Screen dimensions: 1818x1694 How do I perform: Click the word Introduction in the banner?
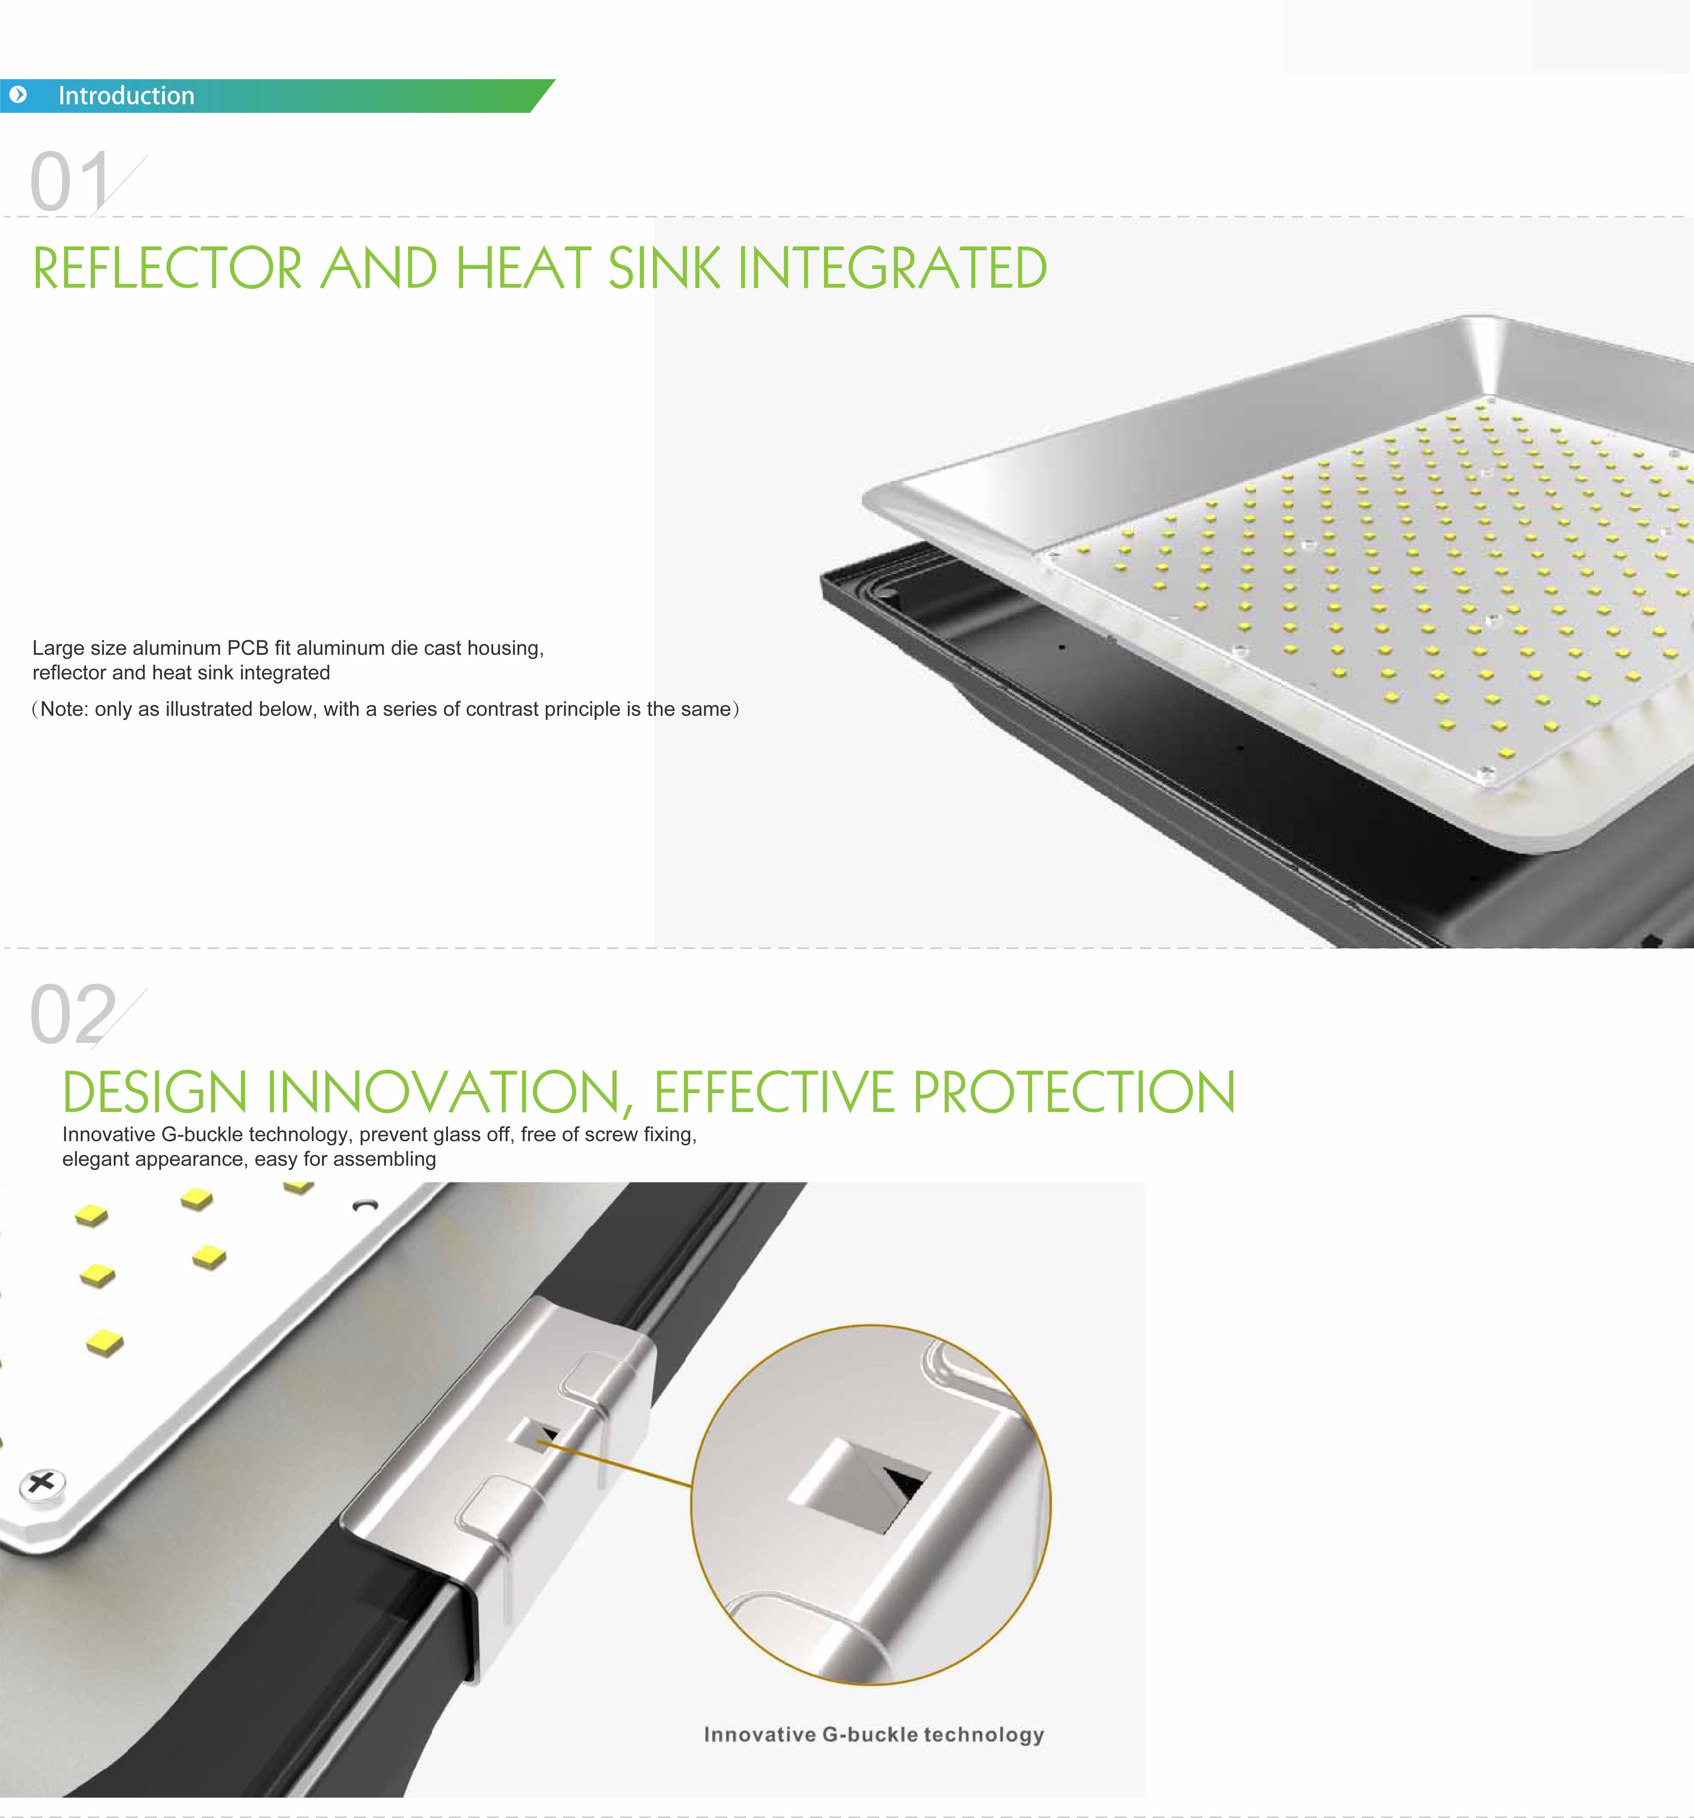[126, 96]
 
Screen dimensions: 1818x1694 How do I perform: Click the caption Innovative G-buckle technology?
[874, 1735]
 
